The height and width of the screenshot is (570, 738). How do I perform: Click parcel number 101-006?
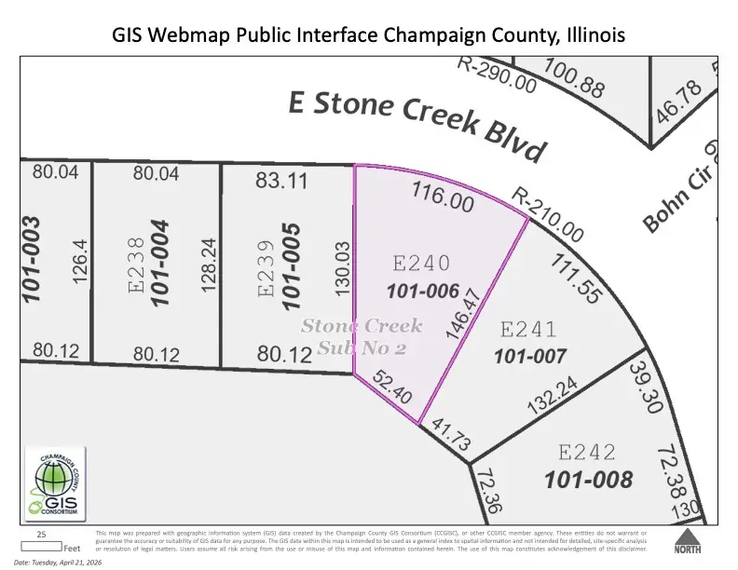424,291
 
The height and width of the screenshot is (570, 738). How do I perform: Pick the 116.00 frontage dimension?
443,197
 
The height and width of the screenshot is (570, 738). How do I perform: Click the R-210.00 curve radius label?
548,214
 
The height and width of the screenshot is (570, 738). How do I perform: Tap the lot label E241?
529,329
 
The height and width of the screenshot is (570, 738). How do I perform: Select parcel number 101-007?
530,356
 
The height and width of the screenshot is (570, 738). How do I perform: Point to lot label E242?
587,453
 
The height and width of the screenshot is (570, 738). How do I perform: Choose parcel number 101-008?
589,480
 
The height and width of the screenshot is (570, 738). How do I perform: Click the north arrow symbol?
687,540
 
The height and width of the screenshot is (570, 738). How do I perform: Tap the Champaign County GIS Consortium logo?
54,483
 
